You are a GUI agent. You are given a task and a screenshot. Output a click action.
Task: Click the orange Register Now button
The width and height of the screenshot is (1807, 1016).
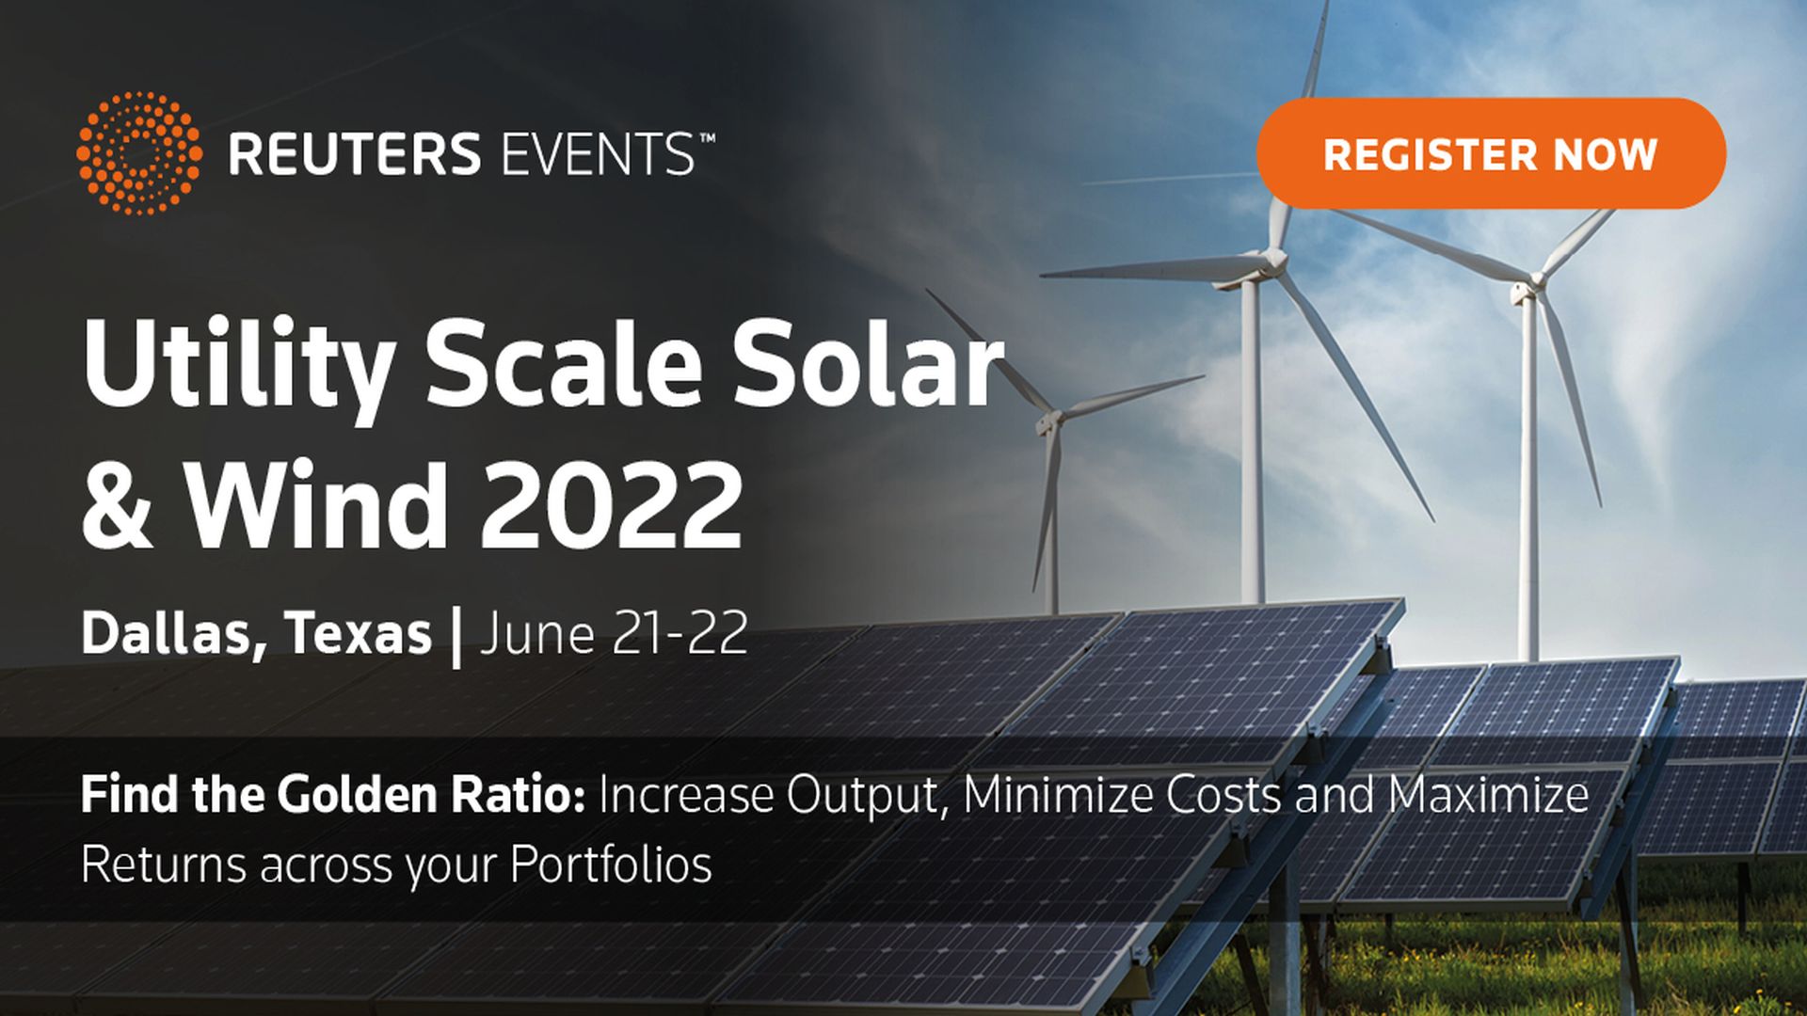(1491, 153)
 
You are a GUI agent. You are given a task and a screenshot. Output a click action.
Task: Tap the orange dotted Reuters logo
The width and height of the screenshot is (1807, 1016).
(139, 153)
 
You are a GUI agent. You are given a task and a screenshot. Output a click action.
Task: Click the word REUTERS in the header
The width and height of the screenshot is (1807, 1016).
(355, 154)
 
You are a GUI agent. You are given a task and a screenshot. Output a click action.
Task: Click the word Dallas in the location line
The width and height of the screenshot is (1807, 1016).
(168, 633)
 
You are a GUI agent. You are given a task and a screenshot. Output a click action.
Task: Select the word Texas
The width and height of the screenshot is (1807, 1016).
(358, 633)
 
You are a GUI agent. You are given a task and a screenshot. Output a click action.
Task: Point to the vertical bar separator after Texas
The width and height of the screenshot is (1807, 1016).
(457, 637)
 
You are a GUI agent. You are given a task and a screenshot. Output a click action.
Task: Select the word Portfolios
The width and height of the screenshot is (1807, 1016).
(611, 865)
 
